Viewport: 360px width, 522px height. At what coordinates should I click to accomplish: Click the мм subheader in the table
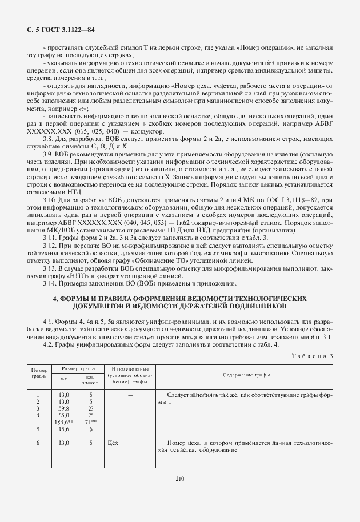pos(64,378)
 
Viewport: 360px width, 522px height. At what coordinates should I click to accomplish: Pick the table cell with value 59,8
pos(64,408)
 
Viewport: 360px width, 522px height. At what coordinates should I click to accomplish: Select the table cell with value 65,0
pos(64,415)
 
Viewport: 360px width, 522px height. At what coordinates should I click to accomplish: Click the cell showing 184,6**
pos(64,422)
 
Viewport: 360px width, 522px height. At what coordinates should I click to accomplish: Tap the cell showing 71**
pos(91,422)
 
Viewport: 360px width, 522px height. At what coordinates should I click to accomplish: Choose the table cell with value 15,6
pos(64,429)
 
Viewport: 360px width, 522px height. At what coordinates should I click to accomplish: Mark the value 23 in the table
pos(91,408)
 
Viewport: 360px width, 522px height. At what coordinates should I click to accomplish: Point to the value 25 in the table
pos(91,415)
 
